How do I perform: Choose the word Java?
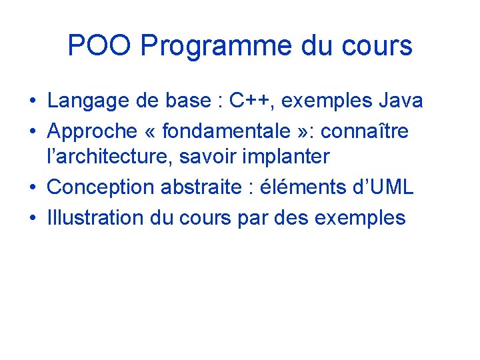point(400,101)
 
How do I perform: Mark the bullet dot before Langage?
point(32,102)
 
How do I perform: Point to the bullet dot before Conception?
point(32,188)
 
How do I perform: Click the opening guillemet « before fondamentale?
point(151,132)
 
